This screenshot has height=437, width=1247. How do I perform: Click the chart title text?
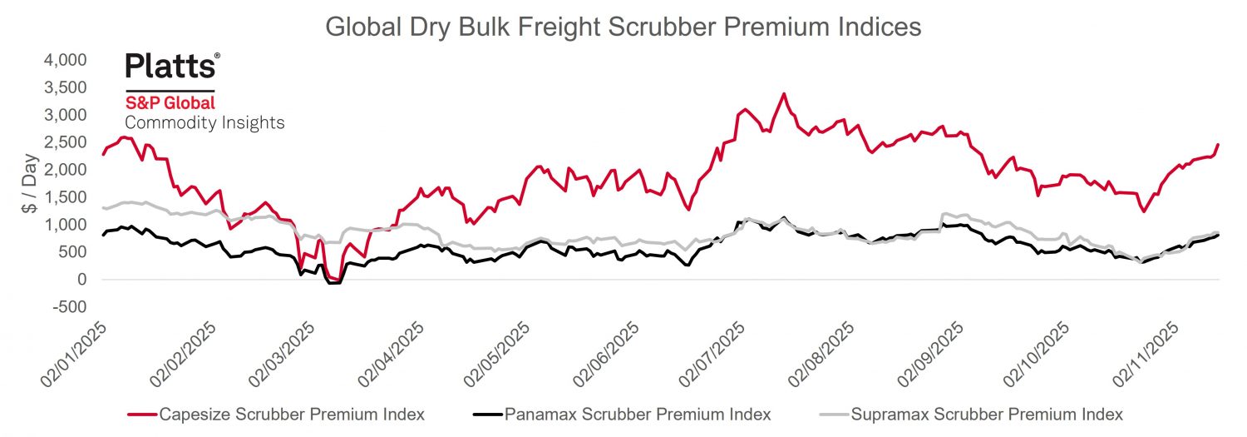pos(623,27)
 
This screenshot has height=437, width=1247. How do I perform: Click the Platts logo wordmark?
pos(172,66)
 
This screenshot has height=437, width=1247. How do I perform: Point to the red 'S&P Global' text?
pos(170,103)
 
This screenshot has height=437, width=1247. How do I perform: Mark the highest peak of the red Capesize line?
pos(783,94)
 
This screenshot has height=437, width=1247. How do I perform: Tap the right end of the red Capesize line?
pos(1218,145)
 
